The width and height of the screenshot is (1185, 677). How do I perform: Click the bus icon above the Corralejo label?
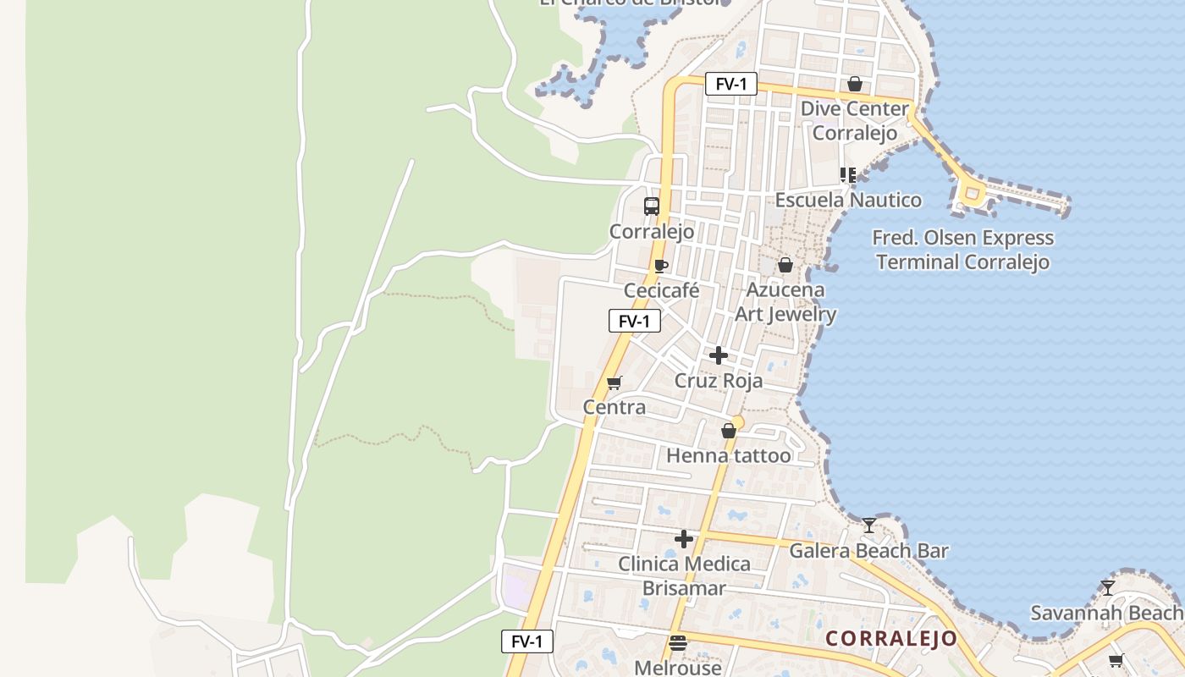[x=652, y=206]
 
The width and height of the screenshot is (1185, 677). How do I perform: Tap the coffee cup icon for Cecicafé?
[x=661, y=266]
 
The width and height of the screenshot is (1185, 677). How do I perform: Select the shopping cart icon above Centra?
[x=615, y=383]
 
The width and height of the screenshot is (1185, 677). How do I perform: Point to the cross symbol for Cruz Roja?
[x=719, y=355]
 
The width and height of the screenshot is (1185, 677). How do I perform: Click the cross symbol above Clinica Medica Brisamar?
[x=684, y=539]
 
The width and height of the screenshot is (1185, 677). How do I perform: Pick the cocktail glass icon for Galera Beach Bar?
[x=868, y=526]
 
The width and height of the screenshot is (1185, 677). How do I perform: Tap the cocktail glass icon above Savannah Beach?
[x=1108, y=587]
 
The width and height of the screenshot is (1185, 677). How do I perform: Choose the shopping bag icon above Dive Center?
[x=855, y=84]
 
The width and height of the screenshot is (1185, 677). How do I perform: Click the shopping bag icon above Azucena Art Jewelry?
[x=785, y=265]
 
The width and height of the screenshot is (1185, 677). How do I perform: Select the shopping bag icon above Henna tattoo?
[x=728, y=432]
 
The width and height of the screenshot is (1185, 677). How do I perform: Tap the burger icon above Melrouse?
[x=677, y=643]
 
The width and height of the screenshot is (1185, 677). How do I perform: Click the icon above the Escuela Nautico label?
[x=848, y=175]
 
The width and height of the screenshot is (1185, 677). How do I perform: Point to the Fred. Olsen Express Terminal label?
[x=963, y=250]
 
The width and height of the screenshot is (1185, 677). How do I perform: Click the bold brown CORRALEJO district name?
[x=890, y=639]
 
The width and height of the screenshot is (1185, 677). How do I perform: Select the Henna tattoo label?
[x=729, y=456]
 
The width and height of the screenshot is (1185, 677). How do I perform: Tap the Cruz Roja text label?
[x=719, y=381]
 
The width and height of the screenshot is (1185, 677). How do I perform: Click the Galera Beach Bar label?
[x=868, y=551]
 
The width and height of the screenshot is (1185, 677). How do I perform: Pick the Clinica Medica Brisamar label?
[x=684, y=575]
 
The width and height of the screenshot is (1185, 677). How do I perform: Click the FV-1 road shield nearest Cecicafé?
[x=634, y=321]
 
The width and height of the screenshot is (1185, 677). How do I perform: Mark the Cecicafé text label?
[x=662, y=291]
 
